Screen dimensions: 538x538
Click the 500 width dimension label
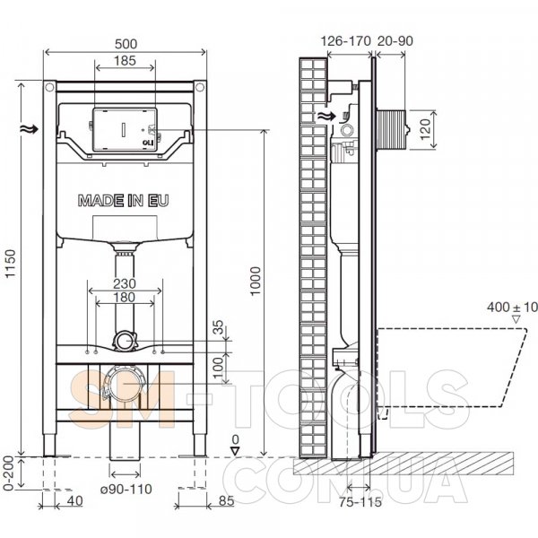[x=126, y=44]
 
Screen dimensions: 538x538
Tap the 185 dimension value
[x=125, y=60]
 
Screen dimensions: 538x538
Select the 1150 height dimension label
[x=11, y=264]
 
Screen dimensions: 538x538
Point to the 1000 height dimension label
[x=256, y=281]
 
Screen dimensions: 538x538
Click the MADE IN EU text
[x=124, y=201]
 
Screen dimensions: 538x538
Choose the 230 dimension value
[x=125, y=283]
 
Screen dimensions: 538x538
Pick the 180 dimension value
[x=125, y=297]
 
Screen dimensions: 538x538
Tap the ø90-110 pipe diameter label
[x=126, y=489]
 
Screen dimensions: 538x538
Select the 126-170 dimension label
[x=346, y=41]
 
